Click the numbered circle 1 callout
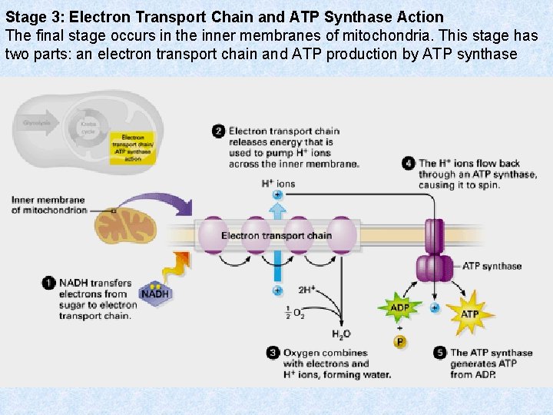tap(48, 283)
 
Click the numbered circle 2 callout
tap(219, 131)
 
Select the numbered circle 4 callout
tap(409, 163)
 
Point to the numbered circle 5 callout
tap(440, 353)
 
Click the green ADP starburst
tap(399, 308)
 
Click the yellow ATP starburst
tap(469, 314)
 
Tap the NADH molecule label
tap(156, 294)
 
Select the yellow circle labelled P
tap(400, 341)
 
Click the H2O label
tap(341, 334)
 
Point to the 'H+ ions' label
tap(277, 184)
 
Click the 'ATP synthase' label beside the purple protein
tap(492, 267)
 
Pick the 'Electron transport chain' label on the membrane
tap(276, 235)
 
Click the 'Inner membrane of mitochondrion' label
tap(48, 205)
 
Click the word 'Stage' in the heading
tap(24, 17)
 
